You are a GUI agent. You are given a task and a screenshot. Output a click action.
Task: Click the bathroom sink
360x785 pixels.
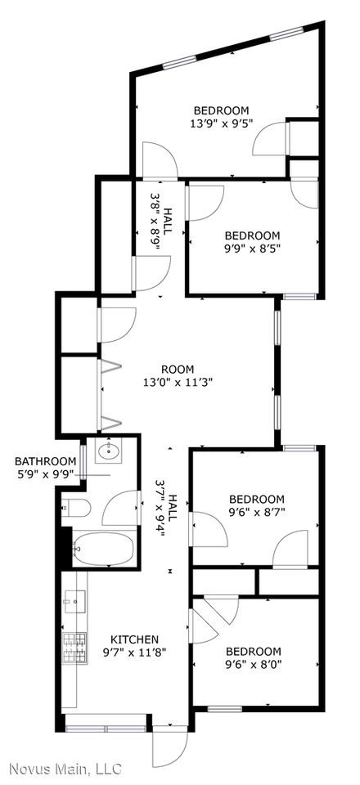pos(109,451)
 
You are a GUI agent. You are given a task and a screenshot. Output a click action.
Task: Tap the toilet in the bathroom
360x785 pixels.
pos(75,508)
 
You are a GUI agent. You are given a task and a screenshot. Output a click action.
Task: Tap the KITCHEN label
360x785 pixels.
pos(135,639)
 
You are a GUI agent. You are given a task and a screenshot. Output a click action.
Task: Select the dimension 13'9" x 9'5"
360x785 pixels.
pos(221,124)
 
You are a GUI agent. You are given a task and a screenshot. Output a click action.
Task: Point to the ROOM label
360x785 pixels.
pos(178,368)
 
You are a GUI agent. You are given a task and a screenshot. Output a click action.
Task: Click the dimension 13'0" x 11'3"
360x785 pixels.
pos(178,381)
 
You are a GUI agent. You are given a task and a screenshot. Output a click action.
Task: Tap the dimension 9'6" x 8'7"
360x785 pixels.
pos(256,513)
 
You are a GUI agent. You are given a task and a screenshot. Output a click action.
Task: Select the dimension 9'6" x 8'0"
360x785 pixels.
pos(253,665)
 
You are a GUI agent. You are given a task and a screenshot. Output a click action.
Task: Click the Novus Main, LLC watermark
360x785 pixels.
pos(65,769)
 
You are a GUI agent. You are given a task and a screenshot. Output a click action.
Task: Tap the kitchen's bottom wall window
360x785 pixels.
pos(106,728)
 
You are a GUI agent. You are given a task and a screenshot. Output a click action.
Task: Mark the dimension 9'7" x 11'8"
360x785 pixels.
pos(135,652)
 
